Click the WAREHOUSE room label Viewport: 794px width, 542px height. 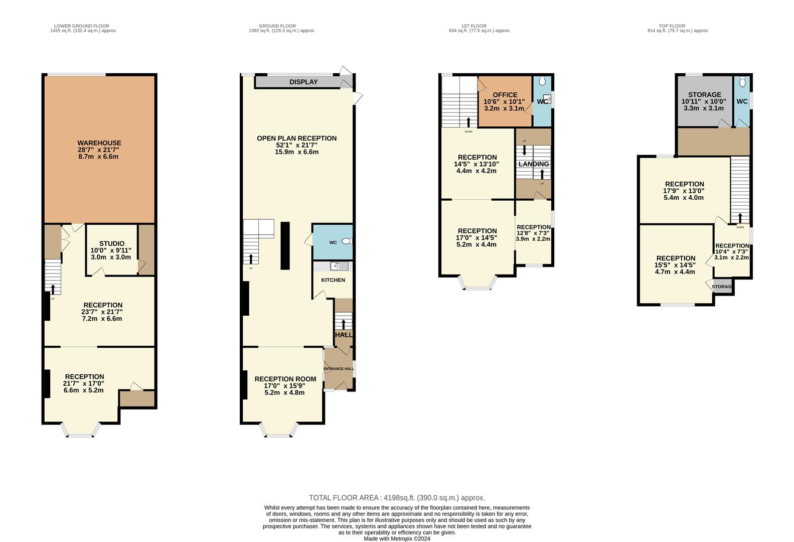[x=99, y=143]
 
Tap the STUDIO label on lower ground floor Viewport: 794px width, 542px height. [x=111, y=243]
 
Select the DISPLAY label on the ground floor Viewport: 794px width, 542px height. [x=303, y=82]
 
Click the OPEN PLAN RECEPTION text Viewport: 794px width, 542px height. [x=296, y=139]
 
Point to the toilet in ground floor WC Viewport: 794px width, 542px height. [x=346, y=241]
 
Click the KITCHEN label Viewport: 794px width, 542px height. [x=333, y=280]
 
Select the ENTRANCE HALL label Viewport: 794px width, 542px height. [x=339, y=369]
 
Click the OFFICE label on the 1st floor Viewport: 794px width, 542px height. [x=505, y=95]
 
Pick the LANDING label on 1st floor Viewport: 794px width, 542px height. [x=534, y=164]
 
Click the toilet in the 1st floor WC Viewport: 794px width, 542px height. [x=542, y=82]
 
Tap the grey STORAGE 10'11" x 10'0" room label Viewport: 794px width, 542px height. [x=704, y=94]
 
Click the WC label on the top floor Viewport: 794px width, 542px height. [x=742, y=101]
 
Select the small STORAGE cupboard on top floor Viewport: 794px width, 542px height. [x=722, y=287]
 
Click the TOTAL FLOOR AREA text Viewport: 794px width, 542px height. [x=397, y=498]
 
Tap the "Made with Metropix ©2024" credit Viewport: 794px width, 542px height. [x=397, y=539]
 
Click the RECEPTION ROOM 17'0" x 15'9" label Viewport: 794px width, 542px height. [x=285, y=379]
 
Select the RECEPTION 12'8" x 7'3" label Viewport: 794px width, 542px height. [x=534, y=227]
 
